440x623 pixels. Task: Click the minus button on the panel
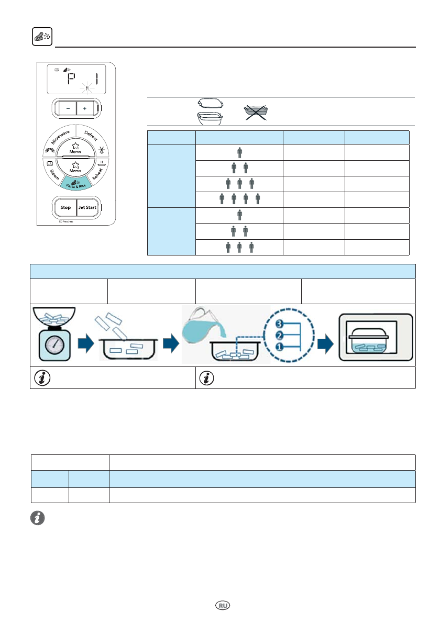68,108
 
